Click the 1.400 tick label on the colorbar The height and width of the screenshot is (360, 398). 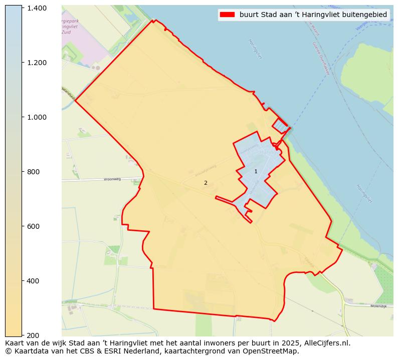click(x=36, y=8)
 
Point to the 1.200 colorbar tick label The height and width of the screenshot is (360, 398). click(x=36, y=63)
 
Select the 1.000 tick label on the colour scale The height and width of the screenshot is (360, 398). click(x=36, y=117)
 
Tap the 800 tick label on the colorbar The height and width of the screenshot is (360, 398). click(x=33, y=172)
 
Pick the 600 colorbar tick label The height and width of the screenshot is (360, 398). click(x=33, y=226)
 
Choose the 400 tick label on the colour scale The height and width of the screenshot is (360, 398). click(x=33, y=281)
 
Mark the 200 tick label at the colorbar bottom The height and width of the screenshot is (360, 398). click(x=33, y=335)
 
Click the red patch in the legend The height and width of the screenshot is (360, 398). click(x=227, y=15)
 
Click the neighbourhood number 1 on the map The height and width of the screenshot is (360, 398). click(x=256, y=172)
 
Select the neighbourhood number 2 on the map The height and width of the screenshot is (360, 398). click(x=206, y=183)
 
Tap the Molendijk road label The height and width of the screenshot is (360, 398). click(x=378, y=306)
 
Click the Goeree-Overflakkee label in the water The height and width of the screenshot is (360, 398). click(x=319, y=58)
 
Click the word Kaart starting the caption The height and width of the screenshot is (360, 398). click(x=16, y=343)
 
